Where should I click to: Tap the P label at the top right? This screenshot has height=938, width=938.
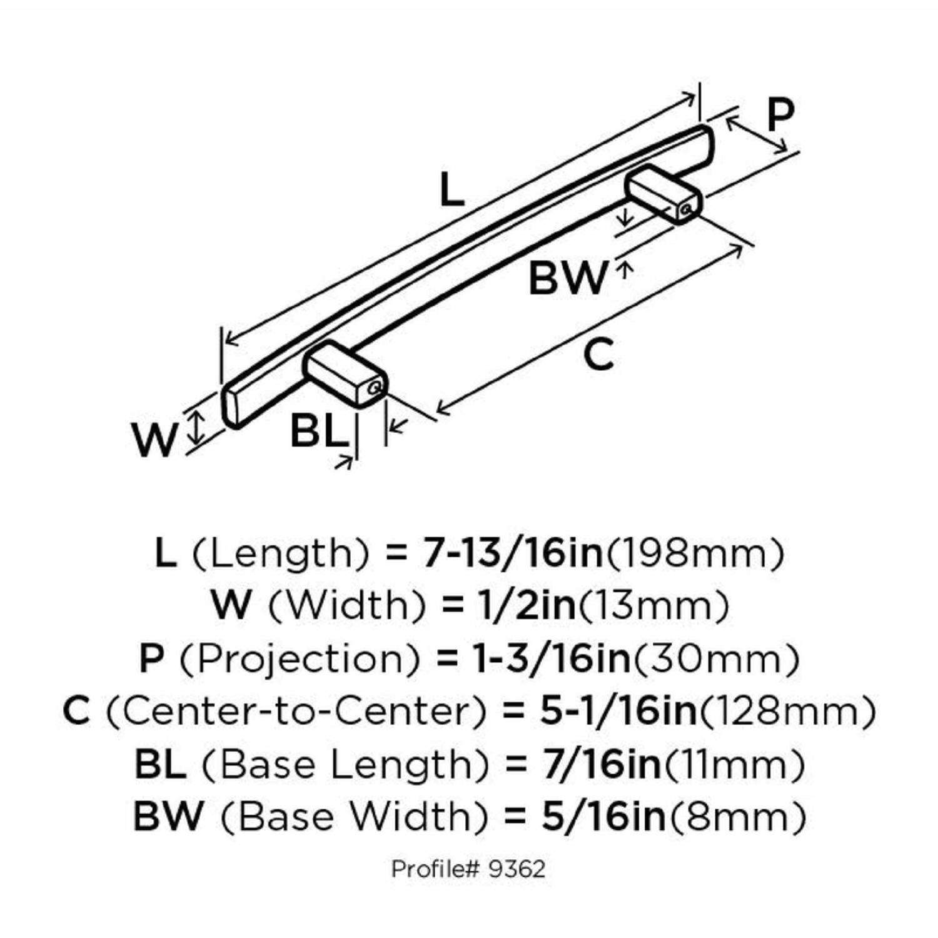pos(780,114)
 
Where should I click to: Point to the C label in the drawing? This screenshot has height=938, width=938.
pos(598,355)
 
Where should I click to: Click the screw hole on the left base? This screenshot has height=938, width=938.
pos(375,388)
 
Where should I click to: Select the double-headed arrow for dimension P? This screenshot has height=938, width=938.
pos(757,134)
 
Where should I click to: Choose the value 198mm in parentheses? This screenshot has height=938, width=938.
pos(695,553)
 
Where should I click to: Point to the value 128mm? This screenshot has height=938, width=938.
pos(787,711)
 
